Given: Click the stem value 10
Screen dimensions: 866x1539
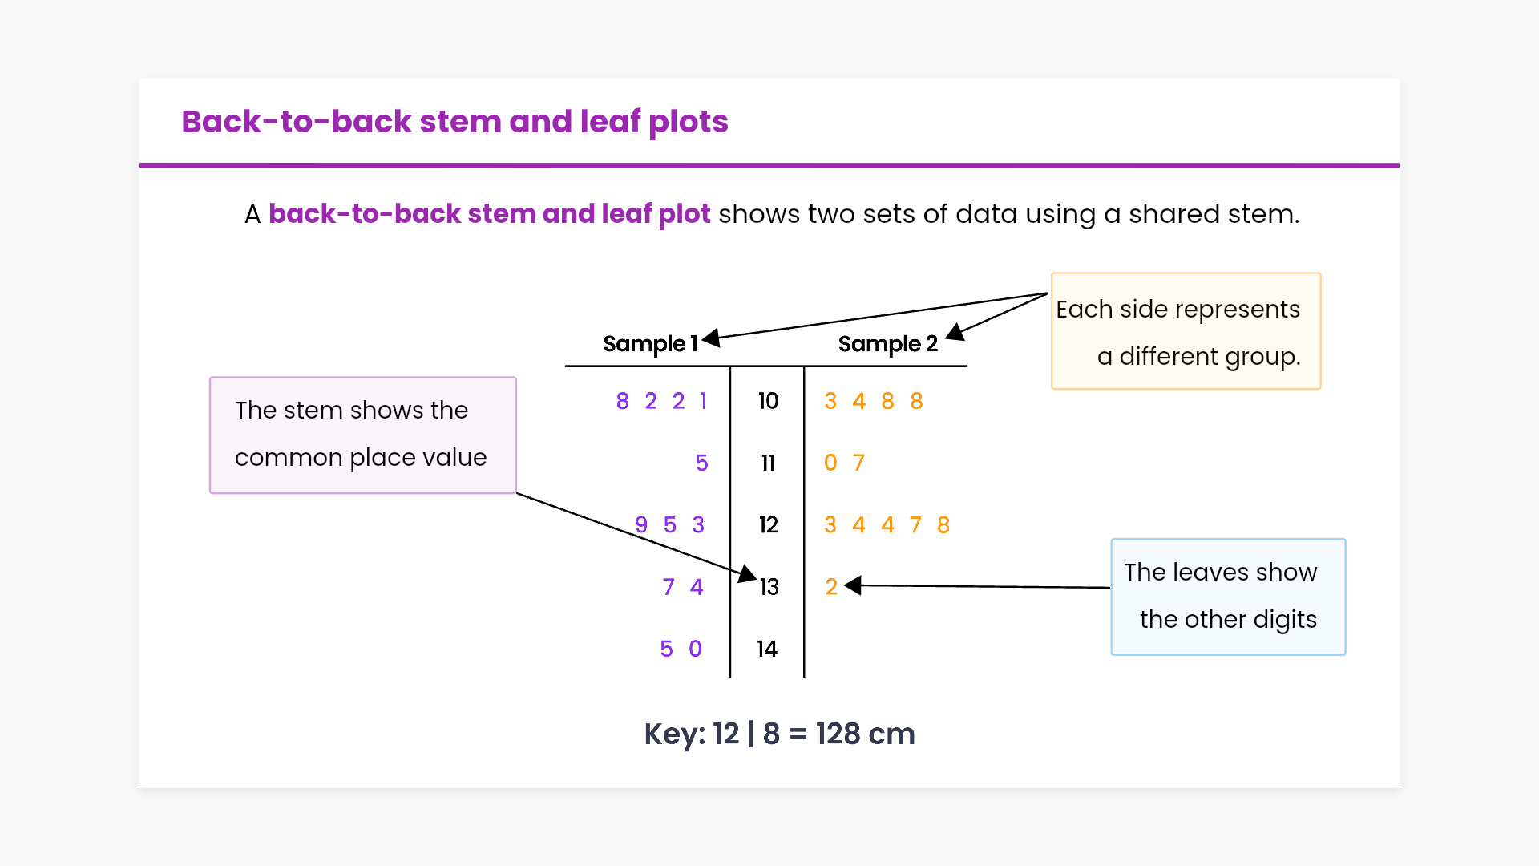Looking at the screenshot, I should (768, 401).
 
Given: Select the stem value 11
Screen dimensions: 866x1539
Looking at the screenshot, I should (768, 463).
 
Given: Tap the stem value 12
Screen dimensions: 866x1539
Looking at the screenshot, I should (768, 525).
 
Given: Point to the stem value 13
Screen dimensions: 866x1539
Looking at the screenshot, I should (769, 587).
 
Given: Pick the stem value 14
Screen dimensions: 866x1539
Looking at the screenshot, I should (767, 649).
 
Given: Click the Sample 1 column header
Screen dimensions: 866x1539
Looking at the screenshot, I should (650, 344).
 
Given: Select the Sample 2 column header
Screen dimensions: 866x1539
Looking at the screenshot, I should (887, 344).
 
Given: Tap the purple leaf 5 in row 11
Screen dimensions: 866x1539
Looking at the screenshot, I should (701, 463).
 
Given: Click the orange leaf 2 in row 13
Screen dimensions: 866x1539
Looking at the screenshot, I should (831, 587).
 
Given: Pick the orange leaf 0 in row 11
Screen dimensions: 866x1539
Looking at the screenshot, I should (830, 463).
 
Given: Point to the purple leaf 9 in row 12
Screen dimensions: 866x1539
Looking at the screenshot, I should (641, 525).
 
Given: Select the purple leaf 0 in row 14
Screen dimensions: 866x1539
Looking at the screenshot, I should (695, 649).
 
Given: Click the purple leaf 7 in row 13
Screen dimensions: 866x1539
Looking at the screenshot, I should (669, 587).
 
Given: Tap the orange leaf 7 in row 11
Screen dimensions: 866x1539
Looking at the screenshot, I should (858, 463).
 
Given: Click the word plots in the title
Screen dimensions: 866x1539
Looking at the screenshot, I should (688, 122).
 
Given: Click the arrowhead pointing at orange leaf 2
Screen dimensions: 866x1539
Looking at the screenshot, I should (853, 586).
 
